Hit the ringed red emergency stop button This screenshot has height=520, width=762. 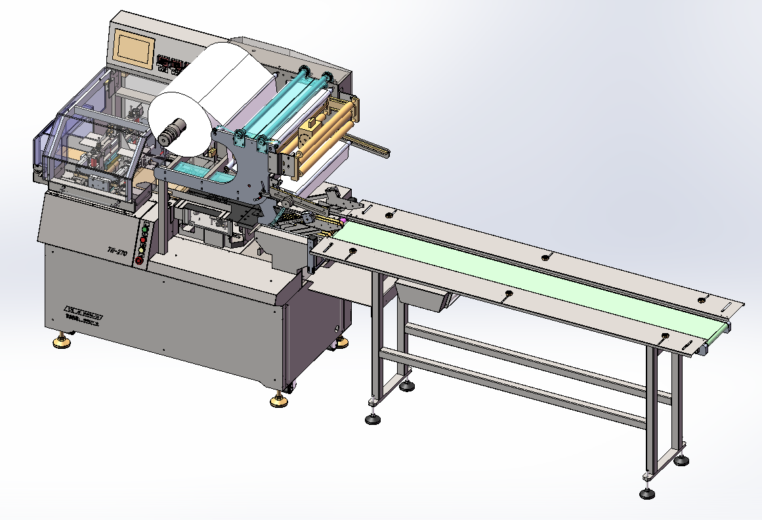[x=139, y=260]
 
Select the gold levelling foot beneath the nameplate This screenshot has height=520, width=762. [x=62, y=342]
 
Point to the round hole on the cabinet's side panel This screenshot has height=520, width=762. [x=339, y=327]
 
